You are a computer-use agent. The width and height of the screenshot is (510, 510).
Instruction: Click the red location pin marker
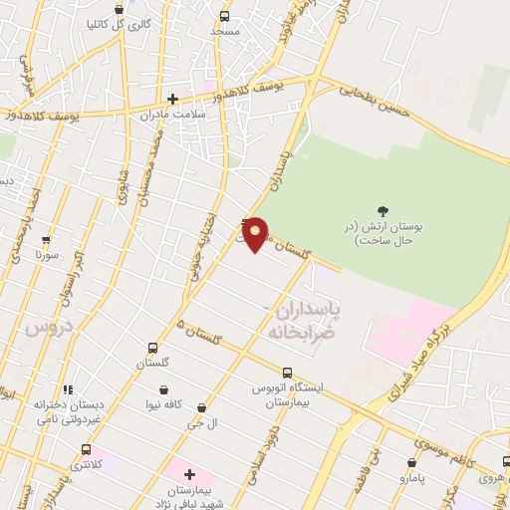tap(256, 233)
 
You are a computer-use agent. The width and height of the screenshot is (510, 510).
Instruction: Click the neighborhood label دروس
tap(44, 326)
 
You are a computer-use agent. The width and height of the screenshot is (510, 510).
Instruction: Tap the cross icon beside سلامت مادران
tap(172, 98)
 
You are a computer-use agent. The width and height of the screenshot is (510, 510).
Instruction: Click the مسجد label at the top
tap(225, 31)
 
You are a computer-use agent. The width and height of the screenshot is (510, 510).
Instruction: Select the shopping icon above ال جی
tap(203, 407)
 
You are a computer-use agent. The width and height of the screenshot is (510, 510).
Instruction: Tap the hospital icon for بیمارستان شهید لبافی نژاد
tap(189, 474)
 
